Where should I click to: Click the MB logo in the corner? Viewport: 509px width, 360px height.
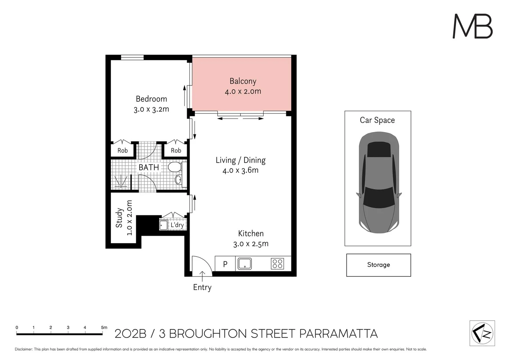(472, 26)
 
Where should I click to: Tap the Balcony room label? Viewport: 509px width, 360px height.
(243, 81)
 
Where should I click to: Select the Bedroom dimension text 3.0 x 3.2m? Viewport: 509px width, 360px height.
(151, 109)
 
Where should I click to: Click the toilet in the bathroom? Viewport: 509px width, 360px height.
(174, 167)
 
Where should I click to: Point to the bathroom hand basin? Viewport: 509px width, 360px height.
(179, 180)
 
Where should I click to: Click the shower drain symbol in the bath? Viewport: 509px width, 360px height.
(121, 182)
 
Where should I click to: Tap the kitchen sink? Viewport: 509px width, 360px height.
(245, 264)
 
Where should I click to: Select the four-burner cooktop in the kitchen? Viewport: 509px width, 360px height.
(277, 264)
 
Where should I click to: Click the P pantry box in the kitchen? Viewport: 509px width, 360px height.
(225, 264)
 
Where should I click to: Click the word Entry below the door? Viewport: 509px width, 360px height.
(202, 287)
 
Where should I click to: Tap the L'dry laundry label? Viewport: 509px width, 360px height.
(177, 225)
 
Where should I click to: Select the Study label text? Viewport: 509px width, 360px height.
(119, 218)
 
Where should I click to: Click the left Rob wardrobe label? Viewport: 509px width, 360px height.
(123, 151)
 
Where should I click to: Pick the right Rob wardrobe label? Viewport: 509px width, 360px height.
(176, 151)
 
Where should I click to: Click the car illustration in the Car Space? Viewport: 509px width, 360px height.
(379, 182)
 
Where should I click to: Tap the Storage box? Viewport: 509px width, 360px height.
(378, 265)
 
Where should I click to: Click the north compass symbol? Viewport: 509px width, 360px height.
(482, 333)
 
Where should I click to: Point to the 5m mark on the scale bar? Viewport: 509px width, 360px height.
(104, 328)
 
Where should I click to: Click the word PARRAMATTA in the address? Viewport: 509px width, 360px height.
(338, 334)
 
